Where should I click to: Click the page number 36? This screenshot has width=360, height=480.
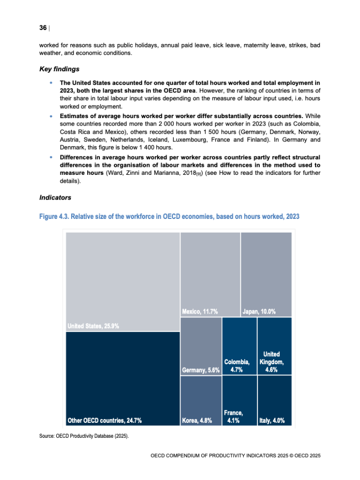pos(43,28)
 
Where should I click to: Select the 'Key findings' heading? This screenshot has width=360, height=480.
pos(59,70)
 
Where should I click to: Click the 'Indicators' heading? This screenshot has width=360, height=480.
pos(55,197)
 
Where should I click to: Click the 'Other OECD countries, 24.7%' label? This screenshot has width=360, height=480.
pos(105,420)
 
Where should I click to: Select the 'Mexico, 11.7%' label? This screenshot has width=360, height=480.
pos(200,312)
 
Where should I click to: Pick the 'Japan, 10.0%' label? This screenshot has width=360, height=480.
pos(259,312)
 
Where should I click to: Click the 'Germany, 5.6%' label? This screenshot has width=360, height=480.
pos(201,370)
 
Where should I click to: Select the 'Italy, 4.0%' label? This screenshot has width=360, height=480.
pos(272,420)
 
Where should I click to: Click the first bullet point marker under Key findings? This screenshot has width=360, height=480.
pos(51,82)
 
